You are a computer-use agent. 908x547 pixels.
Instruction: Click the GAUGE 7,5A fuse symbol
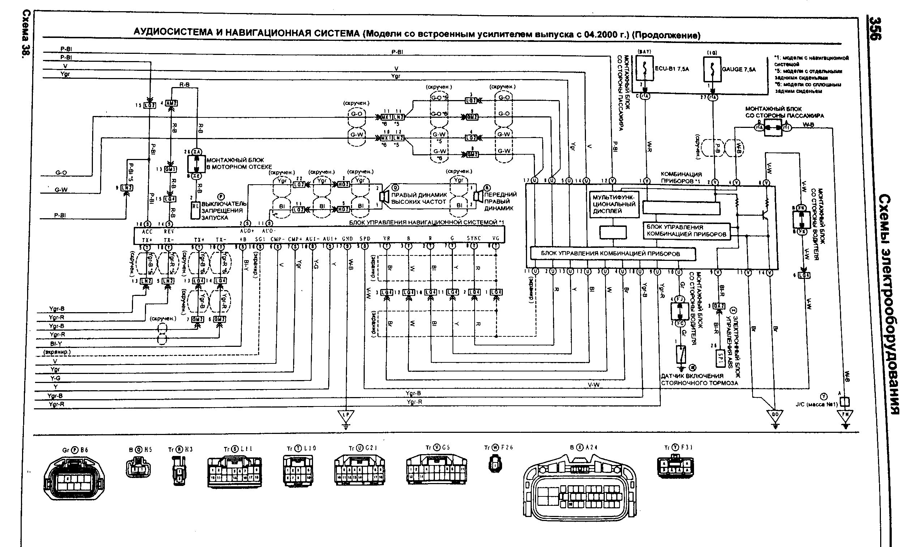point(712,69)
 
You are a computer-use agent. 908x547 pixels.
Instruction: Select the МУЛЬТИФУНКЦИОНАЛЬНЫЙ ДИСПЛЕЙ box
point(613,204)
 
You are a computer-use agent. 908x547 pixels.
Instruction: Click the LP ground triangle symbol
point(345,416)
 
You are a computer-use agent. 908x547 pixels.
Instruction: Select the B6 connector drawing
point(74,478)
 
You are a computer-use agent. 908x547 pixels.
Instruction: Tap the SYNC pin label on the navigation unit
point(474,238)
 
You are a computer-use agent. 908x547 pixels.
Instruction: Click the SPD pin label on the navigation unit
point(365,238)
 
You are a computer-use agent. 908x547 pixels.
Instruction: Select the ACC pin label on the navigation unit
point(147,232)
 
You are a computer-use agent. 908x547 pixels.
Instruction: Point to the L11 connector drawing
point(234,473)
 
